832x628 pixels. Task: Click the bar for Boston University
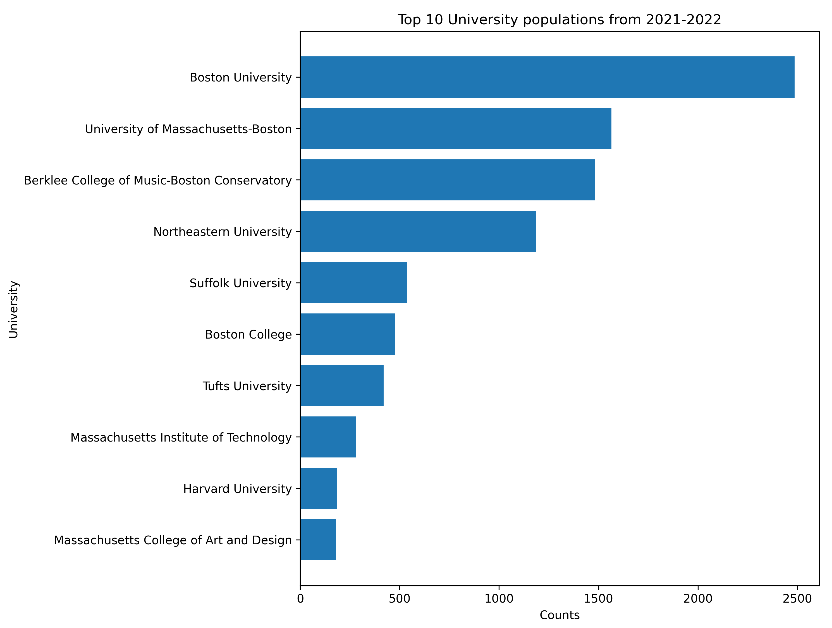click(547, 77)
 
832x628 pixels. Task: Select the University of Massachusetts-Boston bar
click(455, 129)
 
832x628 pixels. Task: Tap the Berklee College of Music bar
click(447, 180)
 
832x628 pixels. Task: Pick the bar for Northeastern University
click(418, 231)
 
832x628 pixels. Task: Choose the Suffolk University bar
click(353, 283)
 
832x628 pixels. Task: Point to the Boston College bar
click(348, 334)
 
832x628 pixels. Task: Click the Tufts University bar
click(342, 385)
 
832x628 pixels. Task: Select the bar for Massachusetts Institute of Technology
click(328, 437)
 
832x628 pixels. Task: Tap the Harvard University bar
click(318, 488)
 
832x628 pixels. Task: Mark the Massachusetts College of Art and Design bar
click(318, 540)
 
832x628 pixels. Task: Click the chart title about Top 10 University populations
click(559, 20)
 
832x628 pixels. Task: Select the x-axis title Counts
click(559, 615)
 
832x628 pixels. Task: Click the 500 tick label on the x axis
click(400, 599)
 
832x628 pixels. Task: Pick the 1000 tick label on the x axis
click(499, 599)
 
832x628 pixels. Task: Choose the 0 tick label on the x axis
click(300, 599)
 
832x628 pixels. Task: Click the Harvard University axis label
click(237, 489)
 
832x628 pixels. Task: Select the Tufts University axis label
click(247, 386)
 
